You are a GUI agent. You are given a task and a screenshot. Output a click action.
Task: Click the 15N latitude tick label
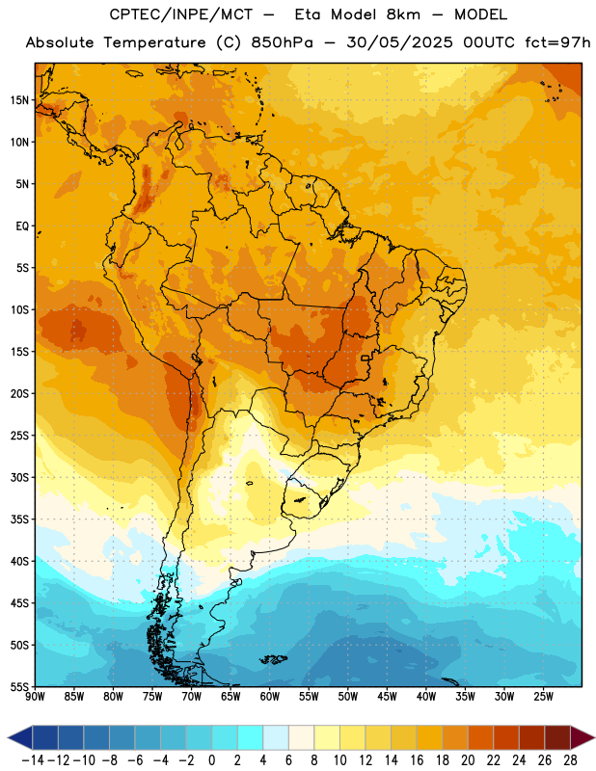(19, 100)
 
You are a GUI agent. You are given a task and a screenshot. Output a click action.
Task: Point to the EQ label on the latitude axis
(22, 226)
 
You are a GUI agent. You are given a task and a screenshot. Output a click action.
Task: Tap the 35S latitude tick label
(19, 519)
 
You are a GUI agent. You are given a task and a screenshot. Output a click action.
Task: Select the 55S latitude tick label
(19, 686)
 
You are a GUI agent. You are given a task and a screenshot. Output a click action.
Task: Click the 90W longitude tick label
(35, 697)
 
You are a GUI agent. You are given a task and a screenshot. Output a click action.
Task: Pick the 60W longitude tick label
(270, 697)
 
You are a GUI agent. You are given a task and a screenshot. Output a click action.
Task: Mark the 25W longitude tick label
(544, 697)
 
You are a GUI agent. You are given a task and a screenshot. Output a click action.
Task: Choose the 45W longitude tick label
(388, 697)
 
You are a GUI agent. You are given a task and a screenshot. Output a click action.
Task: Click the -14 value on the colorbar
(33, 760)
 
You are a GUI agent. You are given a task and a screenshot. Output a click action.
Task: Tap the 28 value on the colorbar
(570, 760)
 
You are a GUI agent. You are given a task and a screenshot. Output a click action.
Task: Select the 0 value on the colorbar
(211, 760)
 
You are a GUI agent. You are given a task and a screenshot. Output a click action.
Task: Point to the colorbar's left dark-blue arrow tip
(8, 738)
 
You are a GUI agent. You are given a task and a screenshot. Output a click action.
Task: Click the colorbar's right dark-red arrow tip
(594, 738)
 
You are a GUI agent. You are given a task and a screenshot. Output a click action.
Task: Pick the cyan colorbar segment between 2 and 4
(250, 738)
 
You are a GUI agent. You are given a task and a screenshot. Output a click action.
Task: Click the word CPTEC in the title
(132, 14)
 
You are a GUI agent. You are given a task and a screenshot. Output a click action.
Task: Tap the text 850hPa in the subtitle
(282, 42)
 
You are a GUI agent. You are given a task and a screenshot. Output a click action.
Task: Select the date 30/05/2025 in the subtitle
(399, 42)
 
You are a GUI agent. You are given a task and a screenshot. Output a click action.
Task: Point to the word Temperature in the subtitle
(154, 43)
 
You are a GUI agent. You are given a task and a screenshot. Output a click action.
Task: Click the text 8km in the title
(403, 14)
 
